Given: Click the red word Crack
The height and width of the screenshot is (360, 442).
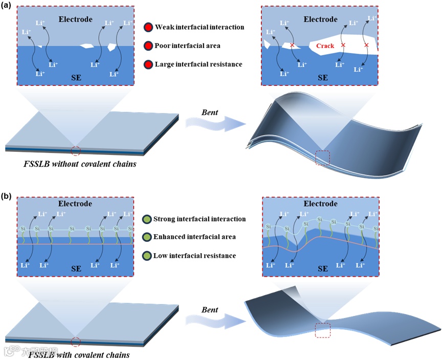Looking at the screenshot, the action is point(325,47).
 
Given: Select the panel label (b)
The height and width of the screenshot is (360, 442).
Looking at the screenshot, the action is point(8,196).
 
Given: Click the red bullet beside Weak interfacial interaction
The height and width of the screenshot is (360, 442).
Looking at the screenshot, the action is point(148,27).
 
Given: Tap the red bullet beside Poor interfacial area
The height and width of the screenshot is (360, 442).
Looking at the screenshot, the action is point(148,46).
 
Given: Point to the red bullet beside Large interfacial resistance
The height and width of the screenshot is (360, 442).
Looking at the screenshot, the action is point(148,64).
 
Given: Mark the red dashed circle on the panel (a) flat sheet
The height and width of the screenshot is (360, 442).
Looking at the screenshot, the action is point(75,150).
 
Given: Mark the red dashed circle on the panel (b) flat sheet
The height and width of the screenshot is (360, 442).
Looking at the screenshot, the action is point(75,342).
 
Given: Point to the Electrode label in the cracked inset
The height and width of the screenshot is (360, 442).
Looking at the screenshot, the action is point(321,19).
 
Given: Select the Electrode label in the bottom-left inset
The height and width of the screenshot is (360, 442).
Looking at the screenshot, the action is point(75,204).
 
